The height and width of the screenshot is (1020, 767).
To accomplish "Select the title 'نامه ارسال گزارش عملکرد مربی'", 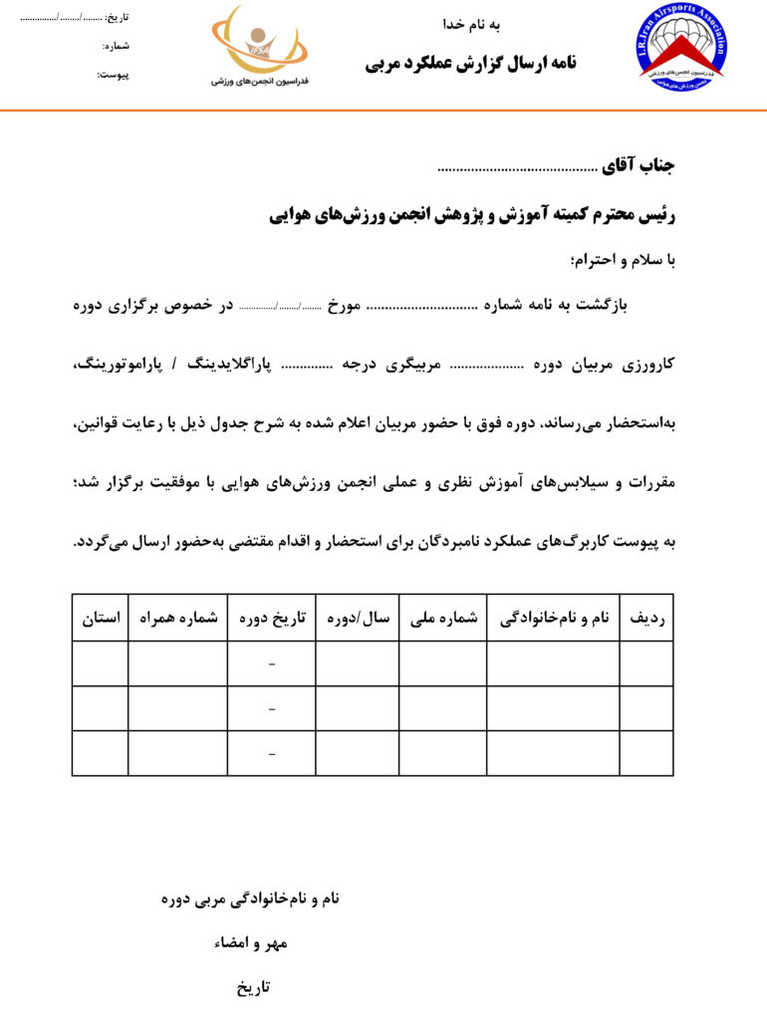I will [x=471, y=64].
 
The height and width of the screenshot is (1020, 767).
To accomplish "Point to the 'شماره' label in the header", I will [x=117, y=46].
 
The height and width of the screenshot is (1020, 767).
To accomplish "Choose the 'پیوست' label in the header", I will [x=114, y=75].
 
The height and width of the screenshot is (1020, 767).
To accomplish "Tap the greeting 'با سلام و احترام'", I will [x=623, y=261].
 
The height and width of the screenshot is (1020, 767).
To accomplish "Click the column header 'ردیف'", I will [x=647, y=618].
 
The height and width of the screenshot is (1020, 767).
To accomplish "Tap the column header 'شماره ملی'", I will [x=443, y=618].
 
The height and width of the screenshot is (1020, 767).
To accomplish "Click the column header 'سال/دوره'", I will [x=358, y=618].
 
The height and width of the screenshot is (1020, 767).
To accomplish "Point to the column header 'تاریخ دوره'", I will [x=272, y=618].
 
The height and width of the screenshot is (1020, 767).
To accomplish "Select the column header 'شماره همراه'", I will [x=178, y=618].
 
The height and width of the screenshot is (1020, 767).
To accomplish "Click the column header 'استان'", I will [x=101, y=618].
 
